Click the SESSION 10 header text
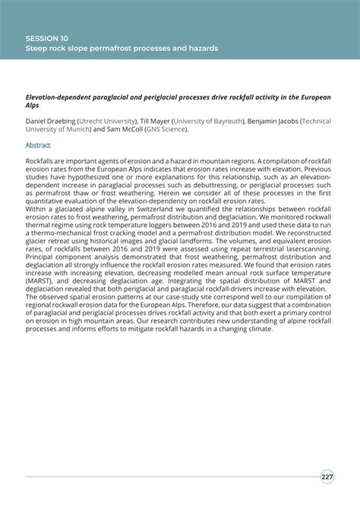(x=46, y=36)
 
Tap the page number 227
(x=327, y=477)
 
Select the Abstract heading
(x=38, y=144)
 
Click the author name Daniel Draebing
(x=52, y=120)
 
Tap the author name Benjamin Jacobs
(x=275, y=120)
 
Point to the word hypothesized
(x=83, y=176)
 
